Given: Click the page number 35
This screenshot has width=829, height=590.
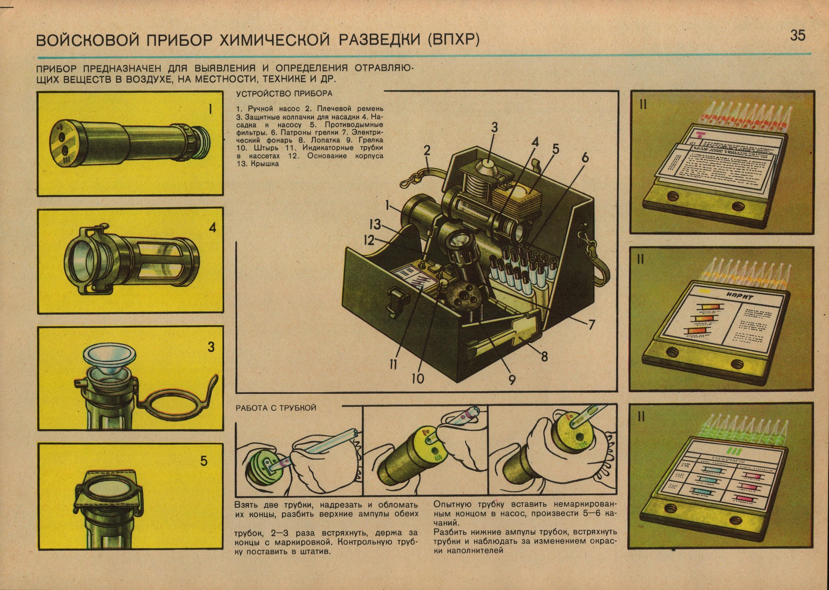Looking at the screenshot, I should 797,36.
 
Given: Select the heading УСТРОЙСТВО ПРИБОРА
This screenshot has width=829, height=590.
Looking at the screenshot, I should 284,94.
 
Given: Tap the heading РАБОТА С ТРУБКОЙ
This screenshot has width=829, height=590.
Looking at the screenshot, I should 276,408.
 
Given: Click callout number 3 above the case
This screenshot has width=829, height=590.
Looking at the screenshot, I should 494,128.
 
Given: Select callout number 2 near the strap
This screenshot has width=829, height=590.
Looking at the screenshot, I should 427,151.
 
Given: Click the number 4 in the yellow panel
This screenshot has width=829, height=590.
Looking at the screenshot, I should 212,228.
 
